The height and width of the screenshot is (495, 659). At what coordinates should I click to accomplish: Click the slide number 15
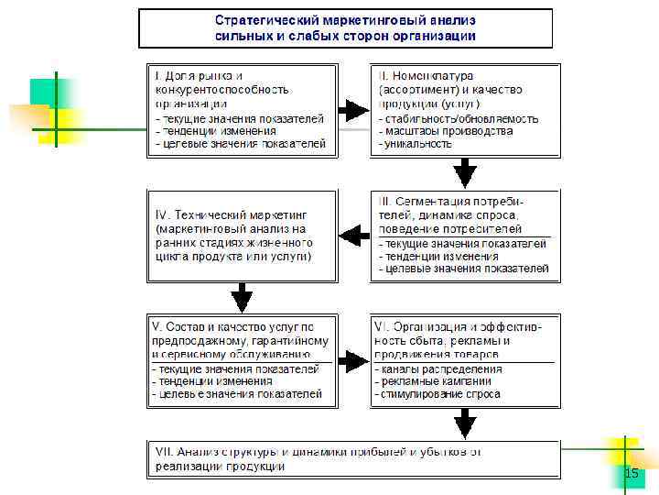(x=631, y=473)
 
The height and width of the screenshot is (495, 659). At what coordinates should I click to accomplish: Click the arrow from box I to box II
(x=353, y=111)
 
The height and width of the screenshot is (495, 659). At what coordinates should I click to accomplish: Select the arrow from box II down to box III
(x=466, y=172)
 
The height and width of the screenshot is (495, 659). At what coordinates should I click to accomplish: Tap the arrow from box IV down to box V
(x=242, y=296)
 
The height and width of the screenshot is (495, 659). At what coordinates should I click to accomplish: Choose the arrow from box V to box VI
(x=353, y=360)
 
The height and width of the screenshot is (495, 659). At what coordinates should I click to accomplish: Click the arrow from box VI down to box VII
(x=466, y=424)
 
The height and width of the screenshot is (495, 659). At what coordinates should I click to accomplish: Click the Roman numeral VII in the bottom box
(x=165, y=453)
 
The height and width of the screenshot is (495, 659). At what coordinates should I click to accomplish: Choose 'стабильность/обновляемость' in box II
(x=461, y=119)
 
